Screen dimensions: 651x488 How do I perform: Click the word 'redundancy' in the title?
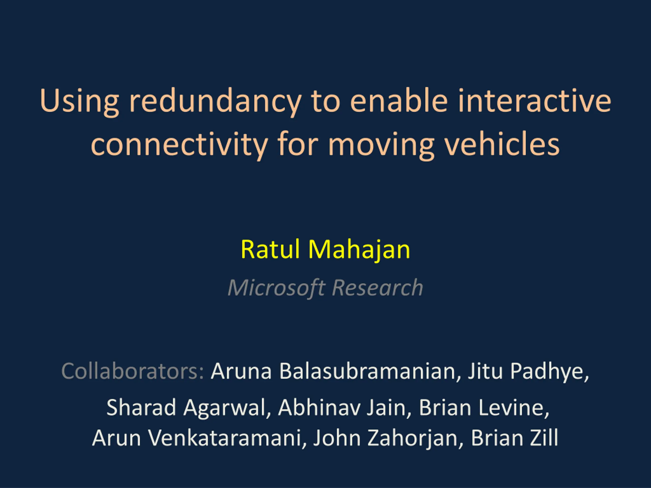[215, 101]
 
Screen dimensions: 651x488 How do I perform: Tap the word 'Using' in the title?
[79, 101]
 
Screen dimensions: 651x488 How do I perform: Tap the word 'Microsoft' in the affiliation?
[277, 287]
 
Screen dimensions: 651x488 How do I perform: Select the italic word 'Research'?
[378, 287]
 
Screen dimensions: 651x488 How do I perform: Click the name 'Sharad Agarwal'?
[186, 408]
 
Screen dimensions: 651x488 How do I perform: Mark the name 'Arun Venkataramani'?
[197, 438]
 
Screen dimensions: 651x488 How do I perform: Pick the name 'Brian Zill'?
[514, 438]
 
